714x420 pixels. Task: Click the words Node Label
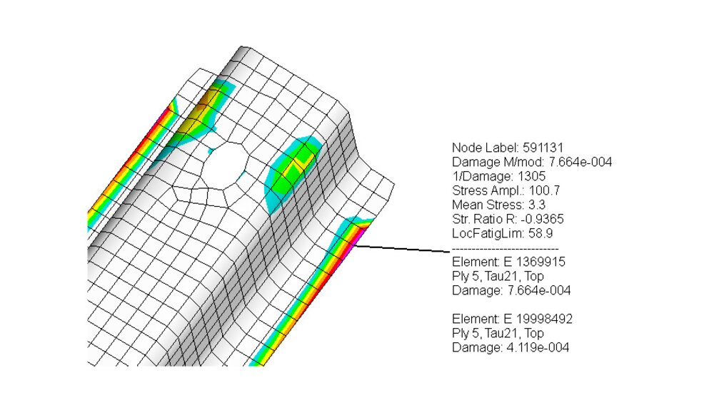[x=476, y=148]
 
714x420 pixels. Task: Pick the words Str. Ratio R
[x=479, y=218]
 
